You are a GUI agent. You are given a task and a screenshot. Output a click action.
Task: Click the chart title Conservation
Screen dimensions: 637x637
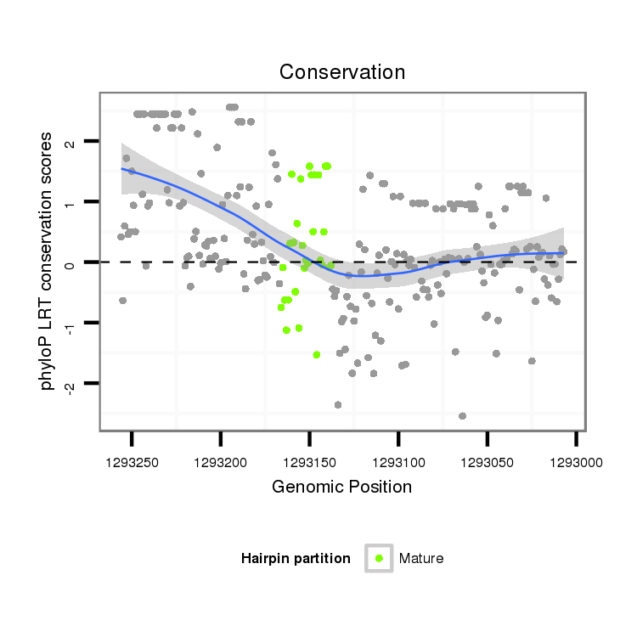pyautogui.click(x=342, y=72)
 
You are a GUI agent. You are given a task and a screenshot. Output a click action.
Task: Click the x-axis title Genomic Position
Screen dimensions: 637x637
pyautogui.click(x=341, y=487)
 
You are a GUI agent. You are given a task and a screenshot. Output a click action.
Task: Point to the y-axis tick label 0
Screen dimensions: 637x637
pyautogui.click(x=70, y=263)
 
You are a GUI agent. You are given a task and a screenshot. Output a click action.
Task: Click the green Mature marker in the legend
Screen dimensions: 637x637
pyautogui.click(x=379, y=558)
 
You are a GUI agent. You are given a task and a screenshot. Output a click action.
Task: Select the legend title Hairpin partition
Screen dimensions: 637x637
pyautogui.click(x=296, y=558)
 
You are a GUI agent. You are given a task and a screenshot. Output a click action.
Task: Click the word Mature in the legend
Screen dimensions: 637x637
pyautogui.click(x=421, y=558)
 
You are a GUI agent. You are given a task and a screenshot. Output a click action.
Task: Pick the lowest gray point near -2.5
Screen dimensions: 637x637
pyautogui.click(x=462, y=416)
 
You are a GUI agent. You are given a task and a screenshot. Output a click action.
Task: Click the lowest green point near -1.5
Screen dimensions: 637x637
pyautogui.click(x=317, y=354)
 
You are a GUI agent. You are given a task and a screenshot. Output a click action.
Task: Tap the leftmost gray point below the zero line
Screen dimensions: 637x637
pyautogui.click(x=122, y=301)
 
